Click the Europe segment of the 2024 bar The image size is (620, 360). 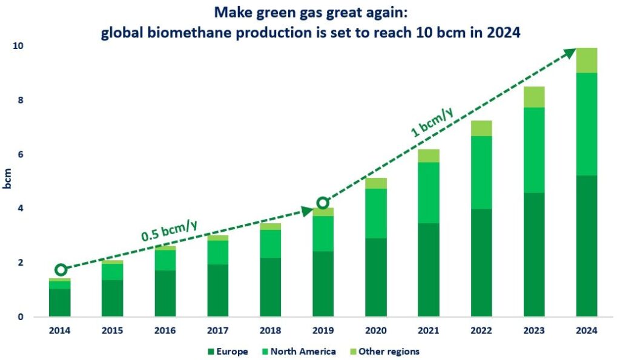click(586, 246)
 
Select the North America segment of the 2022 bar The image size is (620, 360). click(481, 172)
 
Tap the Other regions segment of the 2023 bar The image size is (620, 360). click(533, 97)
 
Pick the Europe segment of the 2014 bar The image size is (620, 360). click(60, 303)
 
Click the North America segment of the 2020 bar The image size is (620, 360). click(376, 213)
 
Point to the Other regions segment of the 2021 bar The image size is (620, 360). click(429, 155)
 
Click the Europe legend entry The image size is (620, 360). click(227, 351)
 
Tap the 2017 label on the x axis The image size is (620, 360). click(218, 330)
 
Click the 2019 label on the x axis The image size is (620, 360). click(323, 330)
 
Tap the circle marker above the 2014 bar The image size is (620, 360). click(61, 270)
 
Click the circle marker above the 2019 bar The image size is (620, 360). click(323, 203)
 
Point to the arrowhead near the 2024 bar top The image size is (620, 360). click(570, 53)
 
